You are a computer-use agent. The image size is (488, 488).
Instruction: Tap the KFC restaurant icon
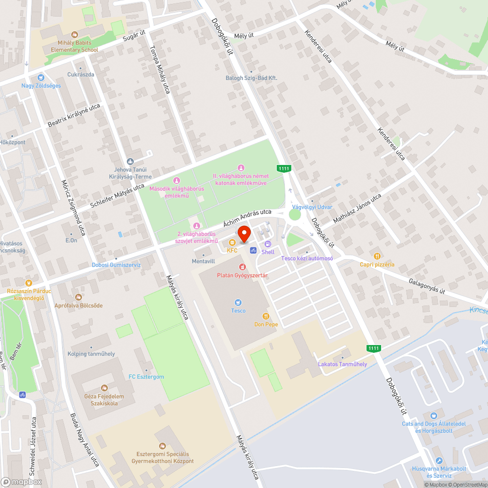232,243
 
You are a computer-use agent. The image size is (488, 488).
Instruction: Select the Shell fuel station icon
267,244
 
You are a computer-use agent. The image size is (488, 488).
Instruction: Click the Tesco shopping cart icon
238,303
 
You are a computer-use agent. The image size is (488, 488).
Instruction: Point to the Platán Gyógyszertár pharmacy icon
242,267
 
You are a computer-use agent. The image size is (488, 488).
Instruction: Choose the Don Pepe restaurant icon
265,316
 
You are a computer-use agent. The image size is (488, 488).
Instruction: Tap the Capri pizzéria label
377,264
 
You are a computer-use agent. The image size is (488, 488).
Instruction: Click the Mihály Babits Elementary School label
74,46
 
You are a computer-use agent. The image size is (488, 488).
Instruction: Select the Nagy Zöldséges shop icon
41,77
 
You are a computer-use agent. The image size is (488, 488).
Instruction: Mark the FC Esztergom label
146,377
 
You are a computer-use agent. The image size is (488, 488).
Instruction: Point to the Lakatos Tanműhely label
342,364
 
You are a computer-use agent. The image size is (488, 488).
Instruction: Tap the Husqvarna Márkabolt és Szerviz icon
439,461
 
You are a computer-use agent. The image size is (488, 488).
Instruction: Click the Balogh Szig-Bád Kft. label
251,78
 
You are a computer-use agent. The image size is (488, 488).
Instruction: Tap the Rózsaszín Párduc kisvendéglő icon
29,283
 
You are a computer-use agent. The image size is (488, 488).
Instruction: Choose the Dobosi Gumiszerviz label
116,265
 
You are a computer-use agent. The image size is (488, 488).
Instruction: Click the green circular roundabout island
295,215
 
